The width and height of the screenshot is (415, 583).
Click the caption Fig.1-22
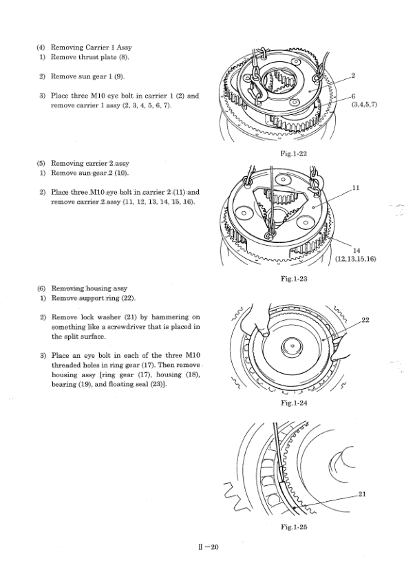coord(294,153)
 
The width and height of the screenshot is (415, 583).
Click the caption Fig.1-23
coord(294,279)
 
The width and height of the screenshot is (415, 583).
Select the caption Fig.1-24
coord(294,403)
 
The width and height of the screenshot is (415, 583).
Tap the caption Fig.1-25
coord(294,527)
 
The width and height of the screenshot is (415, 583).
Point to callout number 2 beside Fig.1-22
coord(353,76)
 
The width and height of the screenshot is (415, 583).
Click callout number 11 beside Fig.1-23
coord(356,188)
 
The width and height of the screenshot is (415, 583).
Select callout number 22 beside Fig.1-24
coord(365,320)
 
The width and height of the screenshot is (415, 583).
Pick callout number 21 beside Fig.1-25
coord(362,494)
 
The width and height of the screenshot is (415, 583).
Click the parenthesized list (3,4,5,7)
coord(364,105)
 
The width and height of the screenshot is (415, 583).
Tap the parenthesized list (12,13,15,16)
coord(356,259)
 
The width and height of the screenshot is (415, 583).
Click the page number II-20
coord(209,547)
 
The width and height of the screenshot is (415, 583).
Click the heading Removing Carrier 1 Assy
coord(91,47)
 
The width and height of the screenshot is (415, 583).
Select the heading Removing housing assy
coord(89,288)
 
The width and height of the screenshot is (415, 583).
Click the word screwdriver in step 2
coord(121,327)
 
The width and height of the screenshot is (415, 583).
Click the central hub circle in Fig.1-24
coord(292,348)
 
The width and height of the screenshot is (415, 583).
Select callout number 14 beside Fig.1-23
coord(357,251)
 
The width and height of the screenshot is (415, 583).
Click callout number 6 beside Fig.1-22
coord(353,96)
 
